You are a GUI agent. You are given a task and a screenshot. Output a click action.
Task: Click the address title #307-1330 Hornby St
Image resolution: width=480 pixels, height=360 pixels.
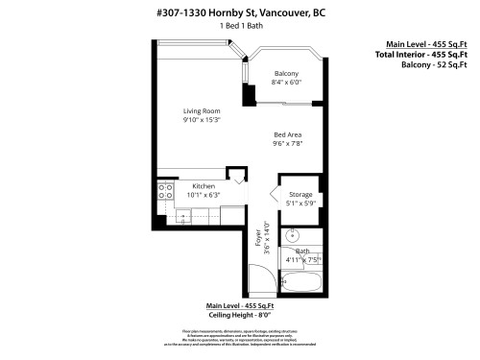point(240,12)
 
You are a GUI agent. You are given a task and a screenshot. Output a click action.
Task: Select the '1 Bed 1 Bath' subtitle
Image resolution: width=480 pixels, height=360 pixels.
point(240,26)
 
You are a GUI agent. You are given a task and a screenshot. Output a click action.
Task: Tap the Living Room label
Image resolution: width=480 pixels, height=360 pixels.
point(202,111)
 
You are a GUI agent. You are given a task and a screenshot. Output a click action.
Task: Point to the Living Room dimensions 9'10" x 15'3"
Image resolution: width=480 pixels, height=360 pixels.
point(202,121)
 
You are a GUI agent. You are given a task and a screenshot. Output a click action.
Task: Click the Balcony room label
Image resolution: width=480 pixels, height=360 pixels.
point(286,74)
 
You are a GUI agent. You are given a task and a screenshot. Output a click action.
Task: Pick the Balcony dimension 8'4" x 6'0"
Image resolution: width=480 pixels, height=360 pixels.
point(286,83)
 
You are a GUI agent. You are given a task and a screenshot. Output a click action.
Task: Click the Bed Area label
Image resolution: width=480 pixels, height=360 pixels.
point(288,135)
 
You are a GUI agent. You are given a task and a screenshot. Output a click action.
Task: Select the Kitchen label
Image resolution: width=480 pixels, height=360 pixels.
point(203,186)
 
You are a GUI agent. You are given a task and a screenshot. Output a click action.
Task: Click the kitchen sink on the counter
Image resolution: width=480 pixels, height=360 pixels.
point(184,217)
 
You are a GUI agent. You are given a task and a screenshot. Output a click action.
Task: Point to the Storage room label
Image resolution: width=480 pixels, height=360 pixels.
point(300,195)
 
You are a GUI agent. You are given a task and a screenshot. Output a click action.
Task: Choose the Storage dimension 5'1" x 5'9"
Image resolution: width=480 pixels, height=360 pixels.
point(300,204)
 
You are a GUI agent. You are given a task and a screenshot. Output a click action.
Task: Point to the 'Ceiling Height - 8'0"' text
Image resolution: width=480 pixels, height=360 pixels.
point(240,314)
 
